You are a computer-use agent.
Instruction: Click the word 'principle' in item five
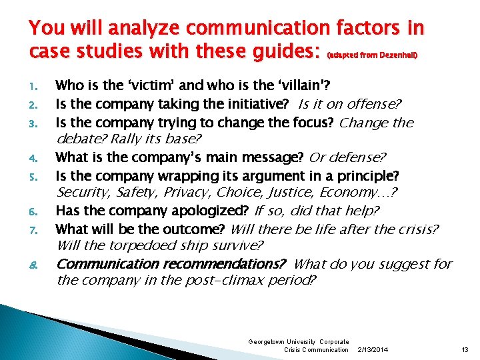tap(366, 176)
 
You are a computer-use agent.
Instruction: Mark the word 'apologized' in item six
tap(217, 211)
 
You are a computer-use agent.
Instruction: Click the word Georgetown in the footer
tap(265, 341)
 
